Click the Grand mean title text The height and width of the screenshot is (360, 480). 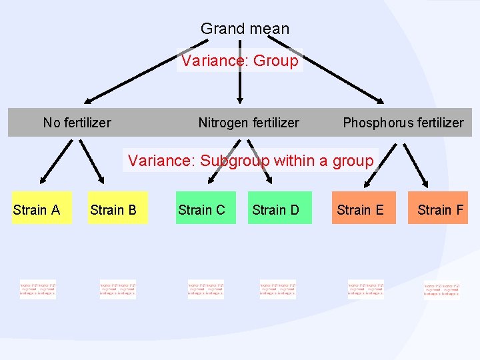245,29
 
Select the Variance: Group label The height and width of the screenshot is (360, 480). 240,61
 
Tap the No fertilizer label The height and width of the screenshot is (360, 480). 77,123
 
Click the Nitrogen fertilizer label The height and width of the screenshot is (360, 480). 249,123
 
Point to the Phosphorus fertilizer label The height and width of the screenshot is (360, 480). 403,123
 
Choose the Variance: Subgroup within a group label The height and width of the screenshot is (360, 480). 250,161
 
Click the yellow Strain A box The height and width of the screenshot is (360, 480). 41,210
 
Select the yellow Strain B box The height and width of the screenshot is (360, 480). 117,210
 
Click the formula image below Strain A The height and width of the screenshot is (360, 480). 38,289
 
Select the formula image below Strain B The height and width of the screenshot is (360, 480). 117,289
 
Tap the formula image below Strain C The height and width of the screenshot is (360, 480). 206,289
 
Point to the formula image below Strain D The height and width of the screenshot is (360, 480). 277,289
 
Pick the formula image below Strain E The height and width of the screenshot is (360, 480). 365,289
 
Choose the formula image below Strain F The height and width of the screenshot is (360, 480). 441,291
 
